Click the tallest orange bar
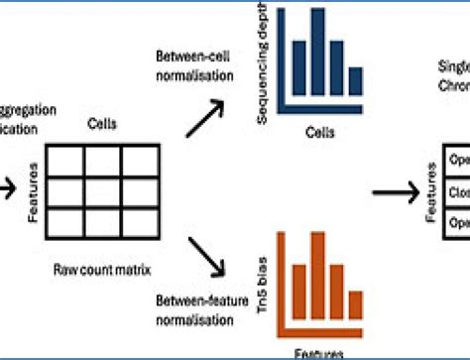(316, 283)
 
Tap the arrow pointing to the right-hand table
(397, 191)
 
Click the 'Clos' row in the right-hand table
(458, 191)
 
